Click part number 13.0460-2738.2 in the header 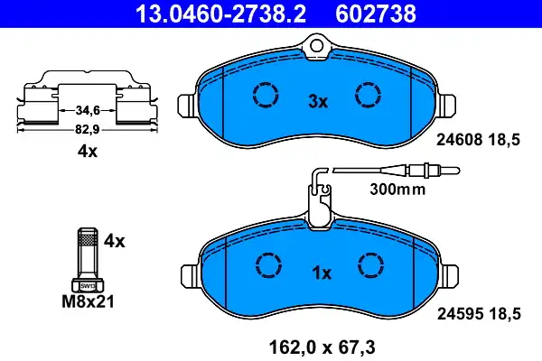pyautogui.click(x=221, y=14)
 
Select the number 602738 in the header pyautogui.click(x=376, y=14)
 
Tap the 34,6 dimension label pyautogui.click(x=88, y=110)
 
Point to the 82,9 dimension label pyautogui.click(x=88, y=130)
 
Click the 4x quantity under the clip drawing pyautogui.click(x=88, y=151)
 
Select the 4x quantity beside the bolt pyautogui.click(x=115, y=241)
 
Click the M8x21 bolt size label pyautogui.click(x=88, y=301)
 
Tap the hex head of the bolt pyautogui.click(x=88, y=285)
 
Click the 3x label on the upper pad pyautogui.click(x=318, y=102)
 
